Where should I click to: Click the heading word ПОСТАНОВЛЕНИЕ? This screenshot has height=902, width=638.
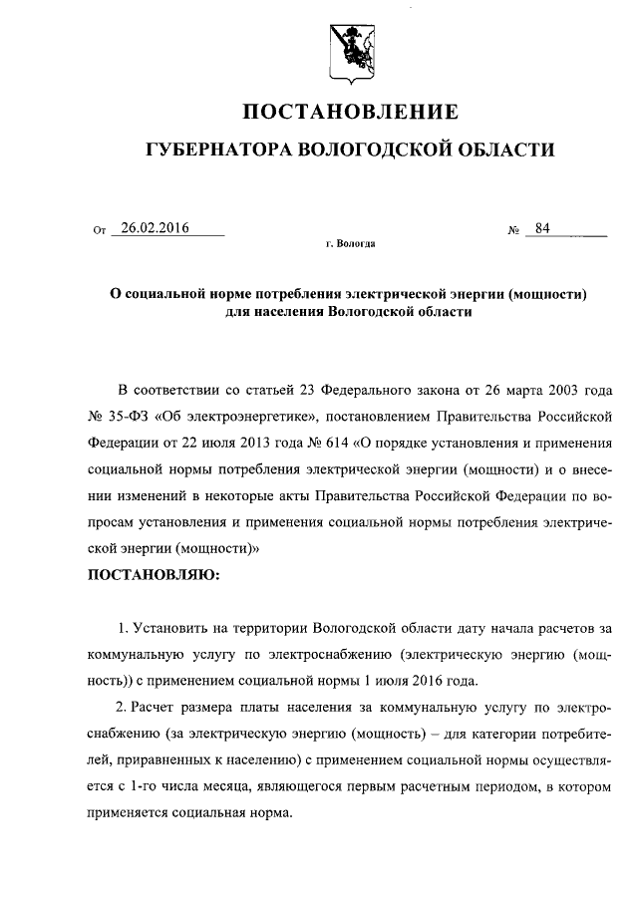(352, 111)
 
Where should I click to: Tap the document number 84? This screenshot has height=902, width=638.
(542, 228)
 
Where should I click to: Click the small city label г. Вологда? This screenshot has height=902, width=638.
(350, 243)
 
